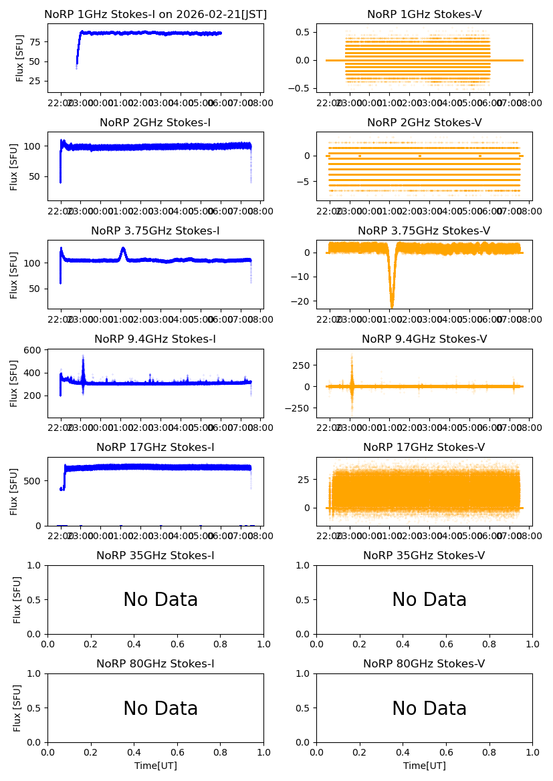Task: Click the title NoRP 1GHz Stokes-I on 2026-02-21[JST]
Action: click(155, 14)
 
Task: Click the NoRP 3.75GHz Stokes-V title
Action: click(424, 231)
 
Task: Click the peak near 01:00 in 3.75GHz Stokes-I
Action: click(123, 249)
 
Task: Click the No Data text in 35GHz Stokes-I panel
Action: click(160, 600)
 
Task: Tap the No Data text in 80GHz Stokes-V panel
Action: click(429, 708)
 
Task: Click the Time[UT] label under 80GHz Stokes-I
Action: click(156, 766)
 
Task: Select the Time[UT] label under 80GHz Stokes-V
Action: click(425, 766)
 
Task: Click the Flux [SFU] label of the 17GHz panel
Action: click(14, 492)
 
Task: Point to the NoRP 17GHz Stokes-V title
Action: click(424, 448)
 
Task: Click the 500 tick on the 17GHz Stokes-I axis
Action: click(36, 481)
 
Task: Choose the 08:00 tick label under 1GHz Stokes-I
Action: click(260, 102)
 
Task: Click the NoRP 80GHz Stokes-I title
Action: click(155, 664)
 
